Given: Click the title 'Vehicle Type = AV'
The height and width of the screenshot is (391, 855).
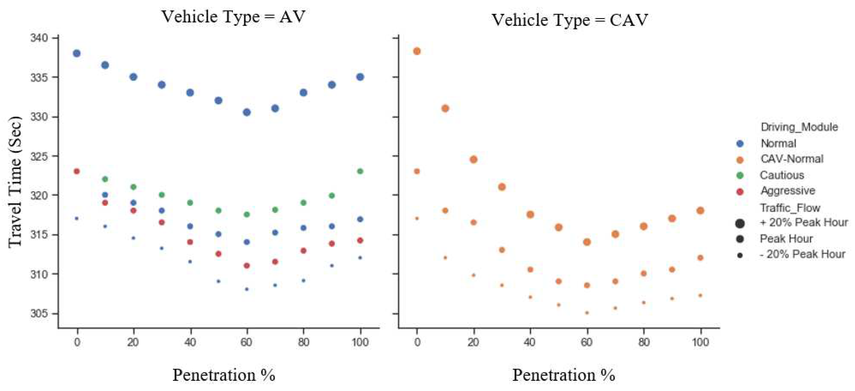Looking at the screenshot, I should [233, 17].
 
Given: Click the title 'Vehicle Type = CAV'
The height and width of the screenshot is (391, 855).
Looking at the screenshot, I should [570, 20].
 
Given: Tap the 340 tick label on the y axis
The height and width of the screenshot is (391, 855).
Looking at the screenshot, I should [39, 38].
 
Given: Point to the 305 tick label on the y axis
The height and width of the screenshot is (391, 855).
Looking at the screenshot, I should [39, 313].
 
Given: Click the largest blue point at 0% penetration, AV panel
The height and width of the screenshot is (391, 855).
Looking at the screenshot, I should [77, 53].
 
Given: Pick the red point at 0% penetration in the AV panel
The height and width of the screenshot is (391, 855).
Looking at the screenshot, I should [77, 171].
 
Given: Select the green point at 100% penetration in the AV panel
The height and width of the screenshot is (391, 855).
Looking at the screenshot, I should [360, 171].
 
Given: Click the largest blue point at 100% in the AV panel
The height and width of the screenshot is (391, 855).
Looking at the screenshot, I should [360, 77].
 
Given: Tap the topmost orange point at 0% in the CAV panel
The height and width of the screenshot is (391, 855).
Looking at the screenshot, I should [417, 51].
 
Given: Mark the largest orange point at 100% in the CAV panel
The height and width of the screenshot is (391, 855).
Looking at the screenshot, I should [700, 211].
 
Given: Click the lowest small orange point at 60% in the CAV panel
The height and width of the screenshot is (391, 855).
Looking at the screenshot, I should [587, 313].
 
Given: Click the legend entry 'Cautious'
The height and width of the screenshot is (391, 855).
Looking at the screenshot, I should [782, 175].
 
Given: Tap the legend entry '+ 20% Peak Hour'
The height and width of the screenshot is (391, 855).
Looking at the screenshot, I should [804, 222].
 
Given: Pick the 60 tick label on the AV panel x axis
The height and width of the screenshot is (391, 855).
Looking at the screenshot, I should [246, 342].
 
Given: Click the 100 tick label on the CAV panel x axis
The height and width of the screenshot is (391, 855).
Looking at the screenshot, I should [700, 342].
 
